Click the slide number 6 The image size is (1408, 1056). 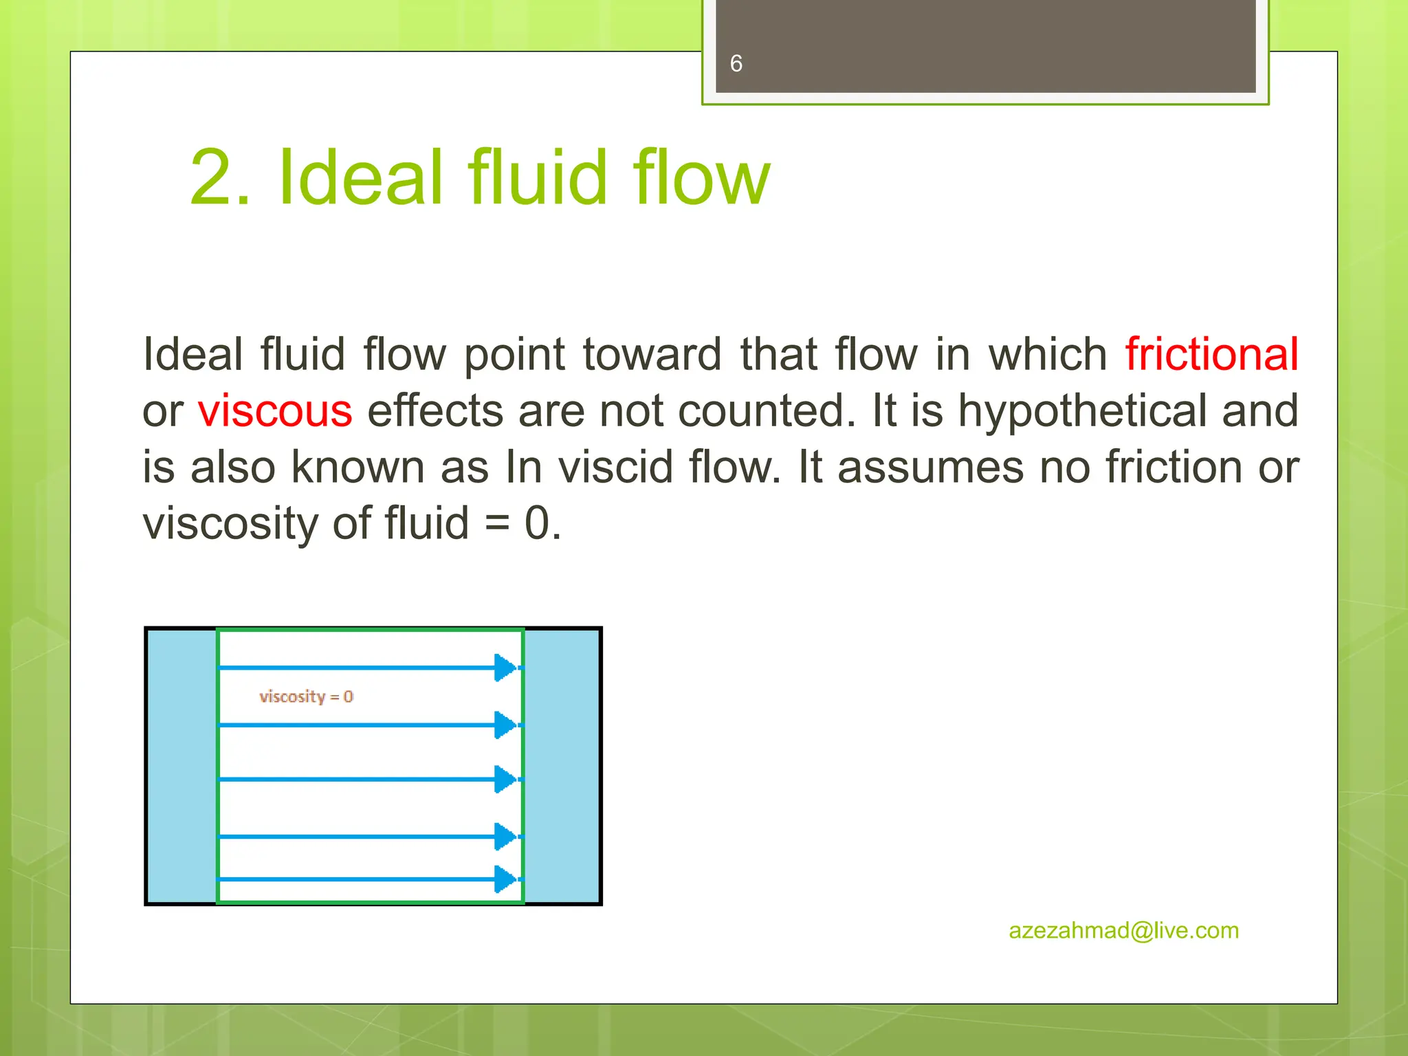pos(736,64)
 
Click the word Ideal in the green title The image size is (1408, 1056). pos(362,177)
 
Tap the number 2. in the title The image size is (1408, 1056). pos(220,177)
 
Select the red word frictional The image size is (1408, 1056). pos(1211,355)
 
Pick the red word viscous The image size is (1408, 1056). pos(275,411)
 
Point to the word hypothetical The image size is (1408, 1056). pos(1081,411)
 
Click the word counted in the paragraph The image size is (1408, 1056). pos(767,411)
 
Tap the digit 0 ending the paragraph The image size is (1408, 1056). pos(538,524)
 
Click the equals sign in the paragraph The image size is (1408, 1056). pos(497,524)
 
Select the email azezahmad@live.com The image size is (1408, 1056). pos(1123,930)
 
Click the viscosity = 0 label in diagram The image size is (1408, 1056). pos(306,696)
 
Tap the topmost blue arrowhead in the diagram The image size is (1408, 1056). pos(505,668)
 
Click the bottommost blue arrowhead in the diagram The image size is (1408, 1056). pos(505,879)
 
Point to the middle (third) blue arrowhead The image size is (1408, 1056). pos(505,779)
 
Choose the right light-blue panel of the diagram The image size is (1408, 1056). pos(562,765)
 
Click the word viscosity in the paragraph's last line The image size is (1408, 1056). pos(229,524)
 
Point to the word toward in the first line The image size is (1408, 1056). pos(652,355)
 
